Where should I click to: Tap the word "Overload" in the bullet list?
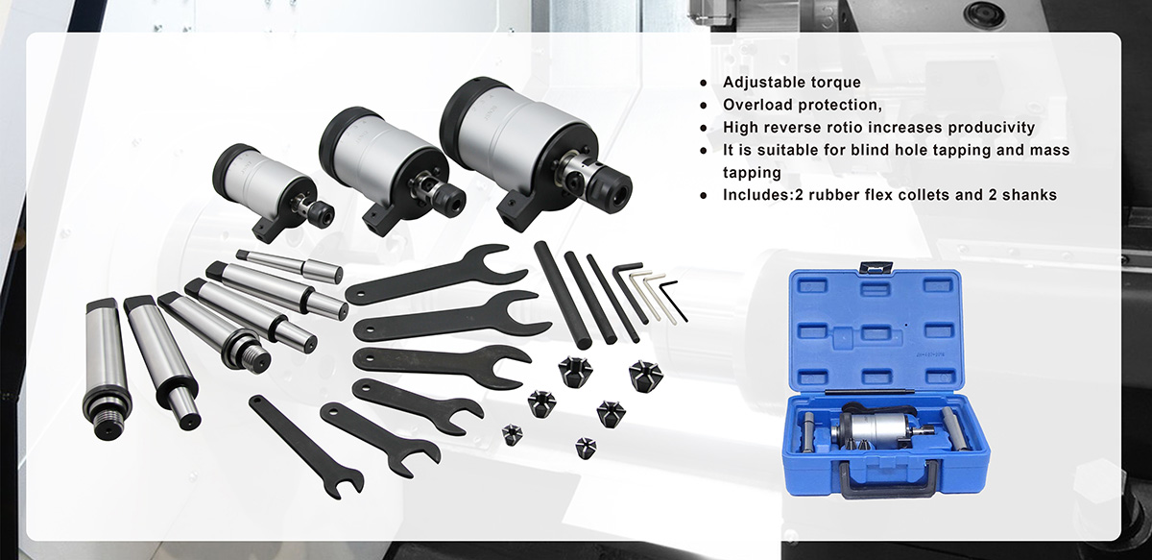tap(758, 105)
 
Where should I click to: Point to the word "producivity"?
tap(990, 128)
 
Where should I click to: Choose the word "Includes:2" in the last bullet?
tap(759, 195)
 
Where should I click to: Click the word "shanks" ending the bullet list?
tap(1027, 195)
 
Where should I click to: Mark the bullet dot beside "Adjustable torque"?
tap(706, 83)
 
